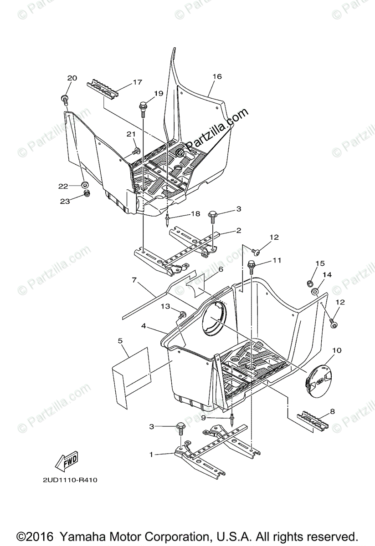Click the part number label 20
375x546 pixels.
pyautogui.click(x=72, y=78)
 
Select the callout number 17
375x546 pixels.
pyautogui.click(x=124, y=82)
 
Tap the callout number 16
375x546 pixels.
pyautogui.click(x=216, y=76)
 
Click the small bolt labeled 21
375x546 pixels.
pyautogui.click(x=135, y=151)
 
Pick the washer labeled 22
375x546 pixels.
pyautogui.click(x=84, y=185)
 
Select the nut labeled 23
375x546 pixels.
pyautogui.click(x=86, y=194)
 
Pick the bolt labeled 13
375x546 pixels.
pyautogui.click(x=183, y=314)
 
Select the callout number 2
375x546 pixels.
pyautogui.click(x=238, y=231)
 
